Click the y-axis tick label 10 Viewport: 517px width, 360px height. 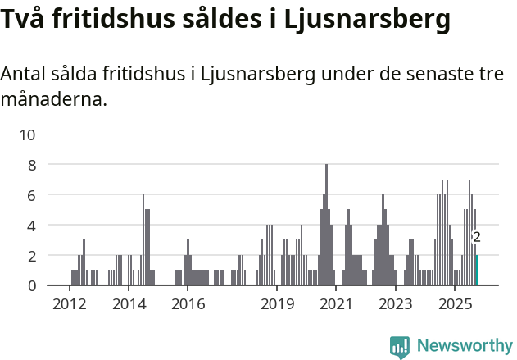pyautogui.click(x=28, y=134)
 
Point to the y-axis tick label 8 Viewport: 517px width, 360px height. pyautogui.click(x=32, y=165)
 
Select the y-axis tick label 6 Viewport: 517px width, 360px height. pyautogui.click(x=32, y=195)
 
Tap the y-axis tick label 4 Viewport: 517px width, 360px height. pyautogui.click(x=32, y=226)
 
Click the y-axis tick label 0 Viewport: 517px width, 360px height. pyautogui.click(x=32, y=285)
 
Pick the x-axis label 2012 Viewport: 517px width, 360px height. pyautogui.click(x=69, y=304)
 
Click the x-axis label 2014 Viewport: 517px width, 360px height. pyautogui.click(x=128, y=304)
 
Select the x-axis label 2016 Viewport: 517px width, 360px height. pyautogui.click(x=188, y=304)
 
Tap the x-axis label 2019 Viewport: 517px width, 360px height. pyautogui.click(x=277, y=304)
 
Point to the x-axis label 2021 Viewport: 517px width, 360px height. pyautogui.click(x=336, y=304)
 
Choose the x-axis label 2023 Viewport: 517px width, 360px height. pyautogui.click(x=396, y=304)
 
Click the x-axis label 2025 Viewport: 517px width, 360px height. pyautogui.click(x=455, y=304)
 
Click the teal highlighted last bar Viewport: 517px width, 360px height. pyautogui.click(x=476, y=271)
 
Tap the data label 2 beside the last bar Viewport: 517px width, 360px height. pyautogui.click(x=477, y=237)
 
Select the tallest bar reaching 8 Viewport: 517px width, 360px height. pyautogui.click(x=326, y=226)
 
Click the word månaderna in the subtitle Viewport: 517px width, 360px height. pyautogui.click(x=52, y=101)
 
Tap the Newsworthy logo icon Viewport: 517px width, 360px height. pyautogui.click(x=400, y=346)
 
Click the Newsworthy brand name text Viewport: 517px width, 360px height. pyautogui.click(x=465, y=346)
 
